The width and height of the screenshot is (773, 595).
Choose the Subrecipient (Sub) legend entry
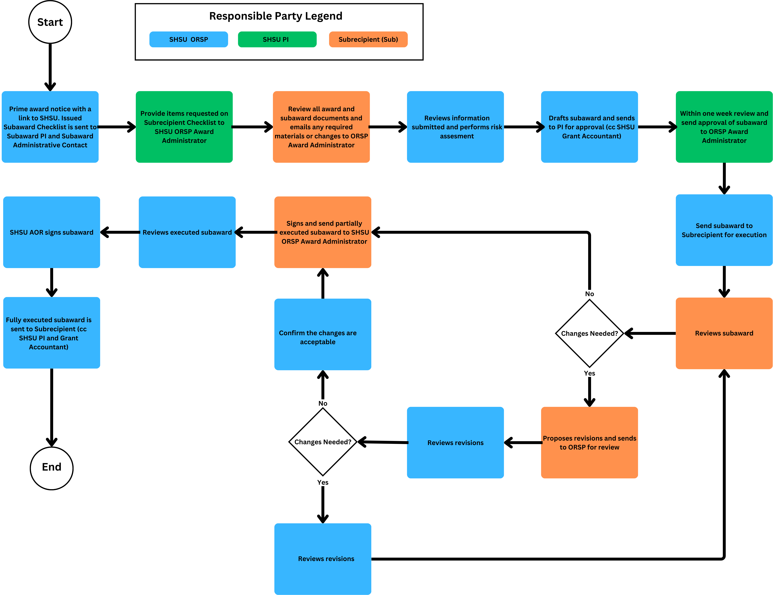pyautogui.click(x=368, y=39)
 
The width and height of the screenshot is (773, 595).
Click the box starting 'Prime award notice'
pyautogui.click(x=50, y=127)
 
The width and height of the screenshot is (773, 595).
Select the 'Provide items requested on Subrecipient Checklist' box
pyautogui.click(x=184, y=127)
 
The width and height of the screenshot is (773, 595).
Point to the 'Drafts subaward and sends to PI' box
pyautogui.click(x=589, y=127)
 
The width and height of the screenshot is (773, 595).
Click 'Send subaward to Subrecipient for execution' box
pyautogui.click(x=724, y=230)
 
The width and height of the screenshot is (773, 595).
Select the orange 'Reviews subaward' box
pyautogui.click(x=724, y=333)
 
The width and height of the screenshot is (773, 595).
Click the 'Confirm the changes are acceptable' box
pyautogui.click(x=322, y=334)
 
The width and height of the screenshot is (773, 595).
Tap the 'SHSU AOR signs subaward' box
pyautogui.click(x=52, y=232)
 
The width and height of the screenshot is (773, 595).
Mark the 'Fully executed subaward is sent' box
pyautogui.click(x=52, y=333)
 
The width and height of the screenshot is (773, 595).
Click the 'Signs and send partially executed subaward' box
pyautogui.click(x=322, y=232)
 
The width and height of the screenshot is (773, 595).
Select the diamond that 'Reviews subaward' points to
pyautogui.click(x=589, y=333)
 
